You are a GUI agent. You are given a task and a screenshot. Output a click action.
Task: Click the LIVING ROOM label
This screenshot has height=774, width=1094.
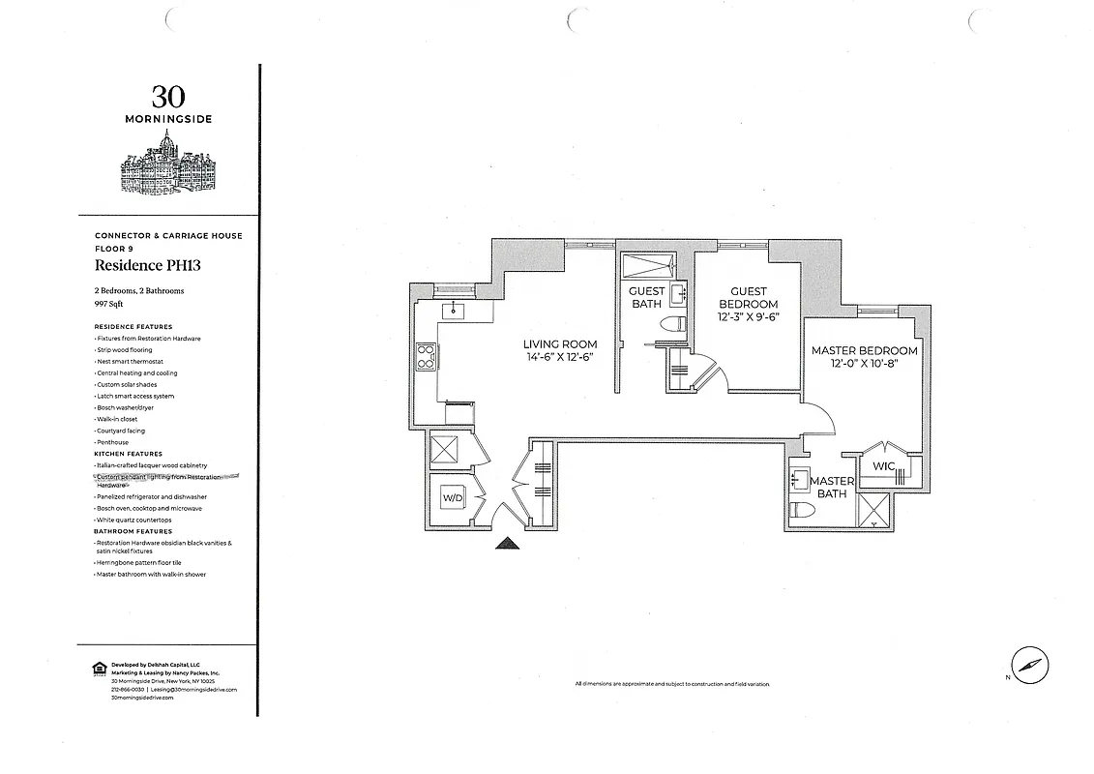click(560, 350)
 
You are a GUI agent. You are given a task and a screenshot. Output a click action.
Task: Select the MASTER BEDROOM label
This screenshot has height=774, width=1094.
click(864, 357)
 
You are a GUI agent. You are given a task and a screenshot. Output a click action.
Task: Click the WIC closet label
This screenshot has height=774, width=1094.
click(883, 466)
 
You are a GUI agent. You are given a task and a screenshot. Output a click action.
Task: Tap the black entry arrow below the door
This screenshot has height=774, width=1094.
click(507, 545)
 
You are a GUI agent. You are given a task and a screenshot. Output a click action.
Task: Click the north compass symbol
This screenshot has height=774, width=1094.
click(1030, 666)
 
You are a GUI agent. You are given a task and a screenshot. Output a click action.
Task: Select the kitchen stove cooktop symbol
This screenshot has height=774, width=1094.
click(425, 357)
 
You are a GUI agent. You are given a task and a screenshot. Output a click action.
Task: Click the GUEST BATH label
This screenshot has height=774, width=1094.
click(646, 297)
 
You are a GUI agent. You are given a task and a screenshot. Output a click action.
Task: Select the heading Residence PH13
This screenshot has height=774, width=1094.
click(147, 265)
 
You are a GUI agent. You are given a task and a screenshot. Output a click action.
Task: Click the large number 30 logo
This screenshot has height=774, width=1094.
click(168, 96)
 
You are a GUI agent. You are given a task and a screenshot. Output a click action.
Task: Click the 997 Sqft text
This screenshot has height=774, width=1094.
click(108, 304)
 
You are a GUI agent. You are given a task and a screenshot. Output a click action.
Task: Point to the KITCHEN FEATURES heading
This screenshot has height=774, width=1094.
click(128, 454)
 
